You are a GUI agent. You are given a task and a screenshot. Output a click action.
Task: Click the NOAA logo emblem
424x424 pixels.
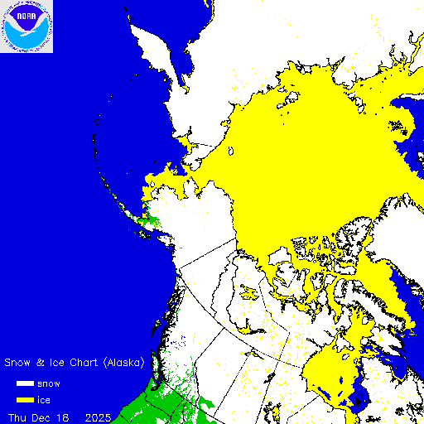click(x=26, y=26)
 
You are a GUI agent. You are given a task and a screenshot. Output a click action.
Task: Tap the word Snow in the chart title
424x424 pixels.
click(x=19, y=363)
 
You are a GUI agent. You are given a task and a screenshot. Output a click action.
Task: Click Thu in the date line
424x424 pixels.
click(x=17, y=415)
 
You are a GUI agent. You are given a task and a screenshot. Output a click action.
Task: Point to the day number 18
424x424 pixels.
click(x=63, y=415)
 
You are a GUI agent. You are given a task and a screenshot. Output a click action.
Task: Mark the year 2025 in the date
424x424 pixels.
click(x=99, y=415)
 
